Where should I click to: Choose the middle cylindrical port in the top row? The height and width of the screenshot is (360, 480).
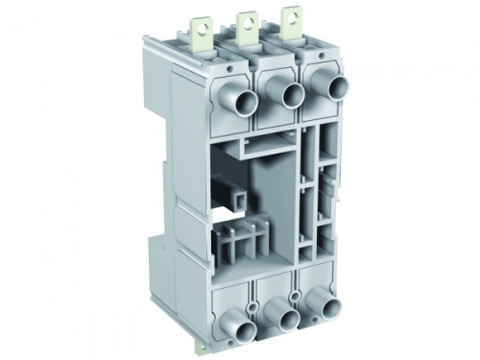point(289,94)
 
